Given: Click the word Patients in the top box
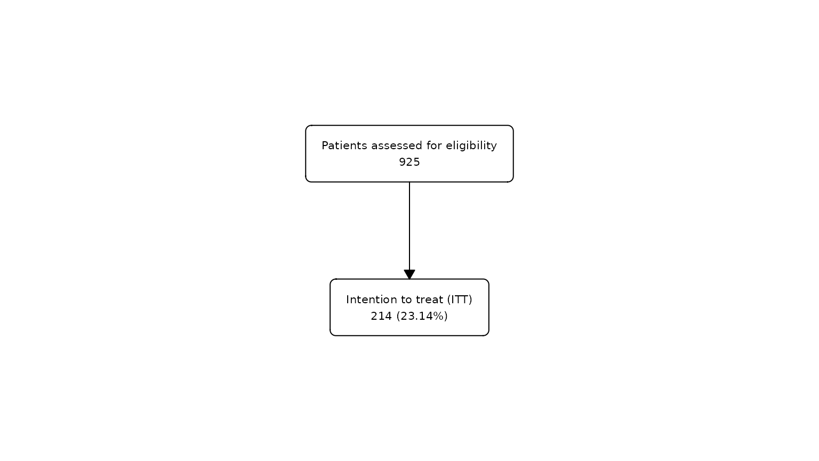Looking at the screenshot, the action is [x=344, y=145].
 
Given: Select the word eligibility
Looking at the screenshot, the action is [x=471, y=146].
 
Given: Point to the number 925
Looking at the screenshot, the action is [x=409, y=162].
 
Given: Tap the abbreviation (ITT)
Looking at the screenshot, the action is [x=460, y=300].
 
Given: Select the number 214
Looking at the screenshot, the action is [x=381, y=316].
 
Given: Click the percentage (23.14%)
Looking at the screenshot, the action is [x=422, y=316].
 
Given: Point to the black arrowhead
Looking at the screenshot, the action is [x=409, y=274].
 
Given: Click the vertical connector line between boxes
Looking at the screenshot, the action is [x=409, y=226].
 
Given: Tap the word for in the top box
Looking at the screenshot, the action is [x=434, y=145].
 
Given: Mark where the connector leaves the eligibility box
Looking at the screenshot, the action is [x=409, y=182].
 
